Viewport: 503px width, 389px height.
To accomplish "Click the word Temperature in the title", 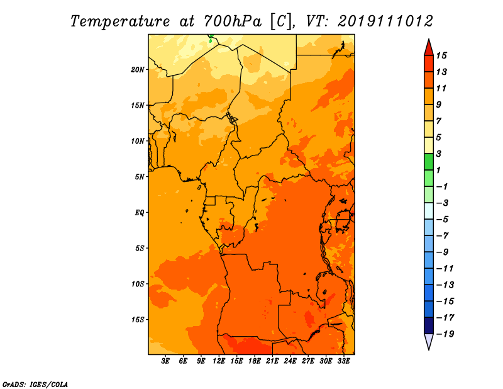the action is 120,21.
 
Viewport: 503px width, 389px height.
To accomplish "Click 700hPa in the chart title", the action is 232,21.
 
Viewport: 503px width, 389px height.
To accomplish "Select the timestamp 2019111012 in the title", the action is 385,21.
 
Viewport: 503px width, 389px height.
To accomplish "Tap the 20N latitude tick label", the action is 138,70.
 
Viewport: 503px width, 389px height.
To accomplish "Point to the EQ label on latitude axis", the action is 139,213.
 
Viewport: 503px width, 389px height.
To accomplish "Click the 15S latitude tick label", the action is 138,320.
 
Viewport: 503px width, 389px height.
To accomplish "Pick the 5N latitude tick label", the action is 140,177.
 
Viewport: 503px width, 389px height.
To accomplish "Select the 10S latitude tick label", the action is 138,284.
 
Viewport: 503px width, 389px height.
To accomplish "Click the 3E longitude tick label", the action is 165,361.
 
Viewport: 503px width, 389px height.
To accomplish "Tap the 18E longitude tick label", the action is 255,361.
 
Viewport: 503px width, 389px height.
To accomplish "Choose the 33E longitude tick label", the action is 343,361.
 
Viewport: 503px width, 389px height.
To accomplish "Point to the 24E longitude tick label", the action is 290,361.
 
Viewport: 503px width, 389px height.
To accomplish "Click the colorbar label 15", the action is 441,55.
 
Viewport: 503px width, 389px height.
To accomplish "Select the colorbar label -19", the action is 445,334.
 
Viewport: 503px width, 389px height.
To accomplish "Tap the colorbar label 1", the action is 439,170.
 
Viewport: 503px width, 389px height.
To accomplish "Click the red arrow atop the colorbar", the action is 429,48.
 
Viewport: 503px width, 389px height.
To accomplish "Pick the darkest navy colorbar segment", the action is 429,325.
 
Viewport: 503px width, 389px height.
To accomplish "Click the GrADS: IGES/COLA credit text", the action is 35,385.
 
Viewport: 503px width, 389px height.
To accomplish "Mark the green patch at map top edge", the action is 211,38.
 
